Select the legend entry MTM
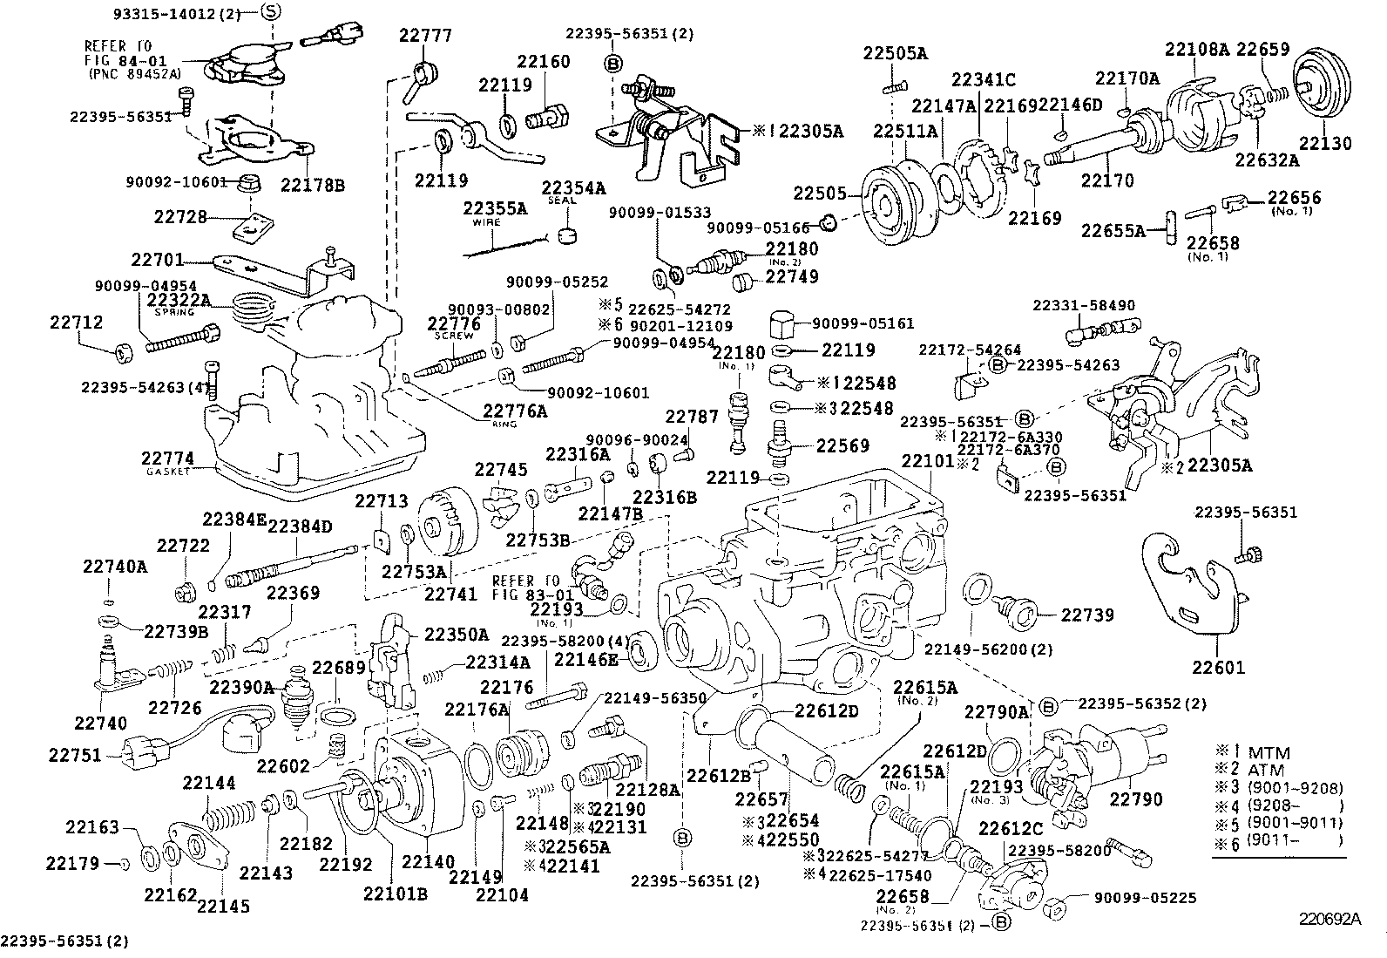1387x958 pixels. coord(1269,752)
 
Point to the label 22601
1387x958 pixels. coord(1219,668)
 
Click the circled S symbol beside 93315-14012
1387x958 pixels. coord(272,11)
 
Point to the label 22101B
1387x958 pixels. coord(395,892)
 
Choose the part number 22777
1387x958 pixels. coord(426,36)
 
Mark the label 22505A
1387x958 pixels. coord(896,52)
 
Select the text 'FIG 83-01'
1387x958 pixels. coord(527,595)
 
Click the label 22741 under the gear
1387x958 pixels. coord(450,593)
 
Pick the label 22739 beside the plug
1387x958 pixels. coord(1087,615)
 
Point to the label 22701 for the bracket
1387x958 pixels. coord(158,259)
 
